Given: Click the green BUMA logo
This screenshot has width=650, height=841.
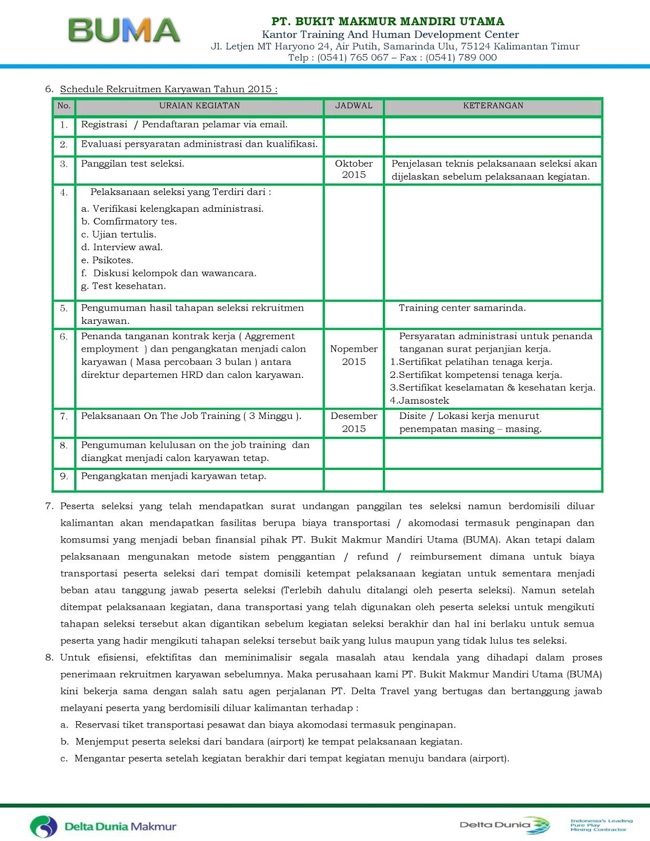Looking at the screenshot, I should (124, 30).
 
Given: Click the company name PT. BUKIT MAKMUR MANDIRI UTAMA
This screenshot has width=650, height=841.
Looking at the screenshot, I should (388, 22).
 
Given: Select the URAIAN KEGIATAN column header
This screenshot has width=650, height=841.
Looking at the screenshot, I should (199, 106).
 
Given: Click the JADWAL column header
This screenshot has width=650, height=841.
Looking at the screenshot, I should (353, 106).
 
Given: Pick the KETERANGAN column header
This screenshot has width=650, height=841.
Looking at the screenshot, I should (493, 106).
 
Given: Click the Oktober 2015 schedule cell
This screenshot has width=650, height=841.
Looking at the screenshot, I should (353, 169).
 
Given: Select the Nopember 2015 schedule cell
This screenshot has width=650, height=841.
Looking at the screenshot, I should (353, 355).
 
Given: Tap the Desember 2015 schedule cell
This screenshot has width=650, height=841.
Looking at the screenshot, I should (353, 422).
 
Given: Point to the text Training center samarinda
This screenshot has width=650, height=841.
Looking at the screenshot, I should (462, 308).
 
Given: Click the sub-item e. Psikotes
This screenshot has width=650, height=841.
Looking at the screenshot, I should (107, 260).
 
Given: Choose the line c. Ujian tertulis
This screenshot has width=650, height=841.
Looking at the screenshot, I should (119, 234).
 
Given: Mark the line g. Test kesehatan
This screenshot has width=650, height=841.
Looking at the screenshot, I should (124, 286).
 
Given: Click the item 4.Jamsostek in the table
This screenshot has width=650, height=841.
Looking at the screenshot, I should (419, 401).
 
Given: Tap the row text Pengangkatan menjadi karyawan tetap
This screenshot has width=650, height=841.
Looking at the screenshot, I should (174, 476).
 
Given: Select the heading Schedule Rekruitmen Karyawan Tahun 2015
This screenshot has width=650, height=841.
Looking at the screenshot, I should (168, 89).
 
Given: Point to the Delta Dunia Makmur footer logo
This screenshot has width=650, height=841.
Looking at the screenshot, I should (103, 826).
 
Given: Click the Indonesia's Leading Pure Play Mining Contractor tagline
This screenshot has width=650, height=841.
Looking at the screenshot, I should (601, 825).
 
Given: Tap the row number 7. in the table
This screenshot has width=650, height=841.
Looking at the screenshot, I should (64, 416).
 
